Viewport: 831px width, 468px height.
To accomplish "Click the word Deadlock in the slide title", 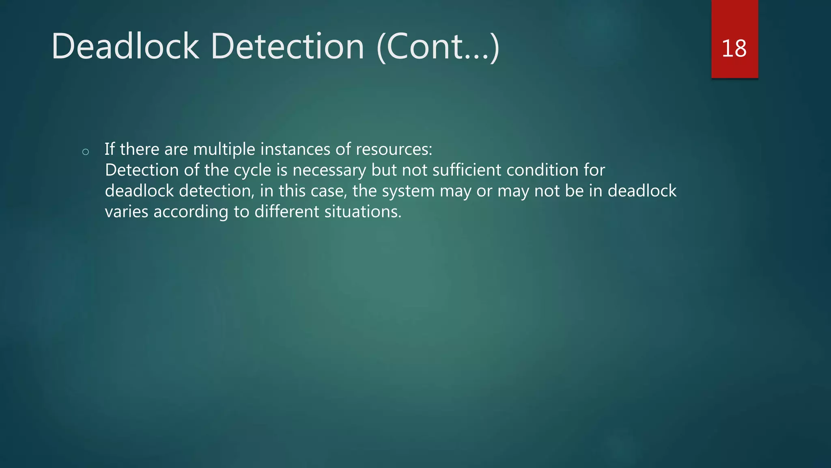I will pos(125,47).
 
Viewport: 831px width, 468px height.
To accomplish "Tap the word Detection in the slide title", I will pos(287,47).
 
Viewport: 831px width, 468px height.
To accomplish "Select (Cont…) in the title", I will pos(438,48).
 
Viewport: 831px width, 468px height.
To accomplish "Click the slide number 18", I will pos(734,49).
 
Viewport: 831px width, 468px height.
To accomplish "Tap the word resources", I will pos(394,149).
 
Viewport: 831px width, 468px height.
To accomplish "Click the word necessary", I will pos(329,170).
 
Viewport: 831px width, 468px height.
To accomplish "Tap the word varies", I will pos(126,212).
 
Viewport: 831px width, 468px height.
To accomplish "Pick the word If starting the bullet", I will pos(110,149).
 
